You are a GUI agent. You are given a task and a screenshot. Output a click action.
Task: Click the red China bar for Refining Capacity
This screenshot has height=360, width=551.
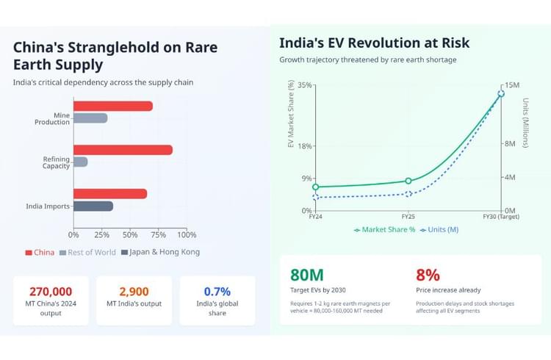(123, 150)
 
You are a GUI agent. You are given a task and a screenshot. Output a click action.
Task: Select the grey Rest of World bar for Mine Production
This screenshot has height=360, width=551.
(90, 118)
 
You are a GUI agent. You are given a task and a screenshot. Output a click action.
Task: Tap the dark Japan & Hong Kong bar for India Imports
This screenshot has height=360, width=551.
(93, 206)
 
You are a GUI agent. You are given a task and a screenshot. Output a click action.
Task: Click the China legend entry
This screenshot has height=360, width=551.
(40, 253)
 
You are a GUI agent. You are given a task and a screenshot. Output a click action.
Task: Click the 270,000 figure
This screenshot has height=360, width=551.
(51, 292)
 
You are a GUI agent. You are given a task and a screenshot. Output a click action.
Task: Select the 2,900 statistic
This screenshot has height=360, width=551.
(134, 292)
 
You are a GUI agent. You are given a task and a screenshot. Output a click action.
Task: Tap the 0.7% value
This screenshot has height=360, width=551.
(217, 292)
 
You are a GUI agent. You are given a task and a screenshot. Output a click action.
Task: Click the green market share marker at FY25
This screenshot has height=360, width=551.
(408, 181)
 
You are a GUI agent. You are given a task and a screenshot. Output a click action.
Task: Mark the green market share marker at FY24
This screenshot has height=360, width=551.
(315, 187)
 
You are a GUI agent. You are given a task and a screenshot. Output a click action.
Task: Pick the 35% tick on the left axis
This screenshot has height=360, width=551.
(305, 85)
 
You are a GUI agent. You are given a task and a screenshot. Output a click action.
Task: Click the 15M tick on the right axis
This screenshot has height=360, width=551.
(511, 85)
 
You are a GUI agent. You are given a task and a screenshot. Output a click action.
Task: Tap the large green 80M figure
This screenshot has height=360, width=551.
(307, 276)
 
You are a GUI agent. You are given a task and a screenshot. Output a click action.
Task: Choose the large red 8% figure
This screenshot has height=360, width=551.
(428, 276)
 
